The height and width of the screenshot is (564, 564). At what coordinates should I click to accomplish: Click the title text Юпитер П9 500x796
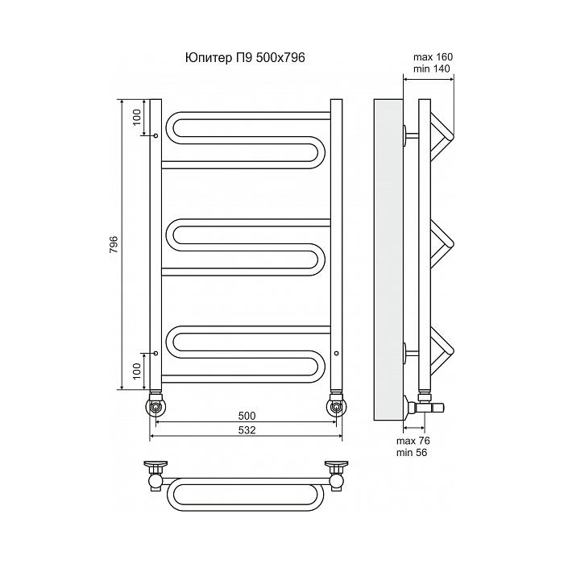click(x=245, y=57)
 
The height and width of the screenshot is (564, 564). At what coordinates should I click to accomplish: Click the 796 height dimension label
click(x=114, y=244)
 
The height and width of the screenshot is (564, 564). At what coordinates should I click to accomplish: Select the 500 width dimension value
click(x=247, y=416)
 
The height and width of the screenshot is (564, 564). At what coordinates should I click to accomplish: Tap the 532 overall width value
click(x=247, y=429)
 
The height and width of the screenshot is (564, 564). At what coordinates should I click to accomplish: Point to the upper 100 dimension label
click(x=137, y=117)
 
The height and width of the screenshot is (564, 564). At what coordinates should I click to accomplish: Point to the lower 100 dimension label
click(x=137, y=371)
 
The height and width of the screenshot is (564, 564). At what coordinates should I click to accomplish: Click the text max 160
click(x=433, y=57)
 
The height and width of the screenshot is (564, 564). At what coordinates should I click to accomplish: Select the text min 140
click(x=431, y=68)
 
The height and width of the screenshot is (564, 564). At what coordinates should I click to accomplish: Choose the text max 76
click(x=413, y=441)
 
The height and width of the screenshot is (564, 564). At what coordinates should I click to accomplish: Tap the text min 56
click(x=412, y=453)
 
